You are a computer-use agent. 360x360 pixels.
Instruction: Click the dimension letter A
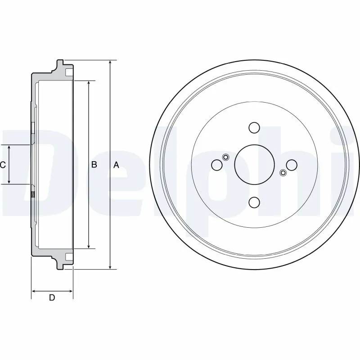tap(116, 165)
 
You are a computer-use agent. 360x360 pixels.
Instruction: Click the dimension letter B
tap(94, 165)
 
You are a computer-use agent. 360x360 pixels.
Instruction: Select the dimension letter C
tap(3, 165)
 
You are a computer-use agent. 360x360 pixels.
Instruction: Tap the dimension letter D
tap(52, 297)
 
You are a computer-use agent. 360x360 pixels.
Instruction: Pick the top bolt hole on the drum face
tap(254, 128)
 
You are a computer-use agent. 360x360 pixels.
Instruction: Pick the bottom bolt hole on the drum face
tap(254, 202)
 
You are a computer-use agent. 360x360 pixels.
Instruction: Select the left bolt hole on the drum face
tap(217, 165)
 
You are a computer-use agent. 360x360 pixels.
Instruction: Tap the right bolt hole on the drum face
tap(292, 165)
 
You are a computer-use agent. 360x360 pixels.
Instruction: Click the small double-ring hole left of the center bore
tap(226, 157)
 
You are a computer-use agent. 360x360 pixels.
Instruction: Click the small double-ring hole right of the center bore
tap(283, 173)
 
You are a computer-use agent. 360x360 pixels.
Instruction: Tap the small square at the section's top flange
tap(69, 72)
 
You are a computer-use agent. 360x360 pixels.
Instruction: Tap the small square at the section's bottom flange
tap(69, 257)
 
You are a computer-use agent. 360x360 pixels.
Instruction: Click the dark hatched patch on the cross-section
tap(32, 195)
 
